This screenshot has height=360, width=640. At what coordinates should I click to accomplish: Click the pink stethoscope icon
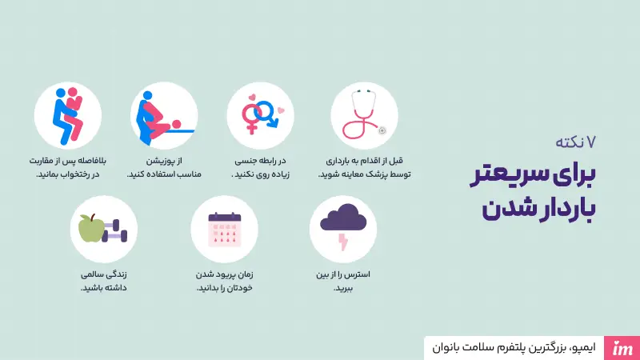point(363,117)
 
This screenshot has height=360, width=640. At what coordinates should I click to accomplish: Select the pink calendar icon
point(224,228)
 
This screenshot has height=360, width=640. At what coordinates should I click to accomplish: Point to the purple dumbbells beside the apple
point(116,229)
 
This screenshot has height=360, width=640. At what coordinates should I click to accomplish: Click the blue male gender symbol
point(268,114)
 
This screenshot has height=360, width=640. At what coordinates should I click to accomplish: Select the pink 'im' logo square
point(623,347)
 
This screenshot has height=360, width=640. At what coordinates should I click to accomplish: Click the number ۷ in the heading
point(591,142)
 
